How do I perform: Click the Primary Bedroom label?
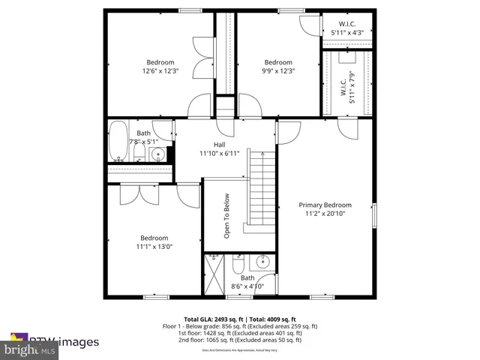[325, 205]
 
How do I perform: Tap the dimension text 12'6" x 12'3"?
[160, 71]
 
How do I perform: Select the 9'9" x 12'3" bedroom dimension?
[277, 71]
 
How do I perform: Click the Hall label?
[219, 145]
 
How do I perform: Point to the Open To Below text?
[226, 216]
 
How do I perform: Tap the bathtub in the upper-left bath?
[118, 142]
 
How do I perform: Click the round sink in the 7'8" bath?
[157, 154]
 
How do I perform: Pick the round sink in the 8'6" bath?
[262, 262]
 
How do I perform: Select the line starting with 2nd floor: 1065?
[240, 340]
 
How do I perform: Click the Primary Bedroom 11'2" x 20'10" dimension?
[325, 213]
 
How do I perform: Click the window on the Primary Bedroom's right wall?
[373, 214]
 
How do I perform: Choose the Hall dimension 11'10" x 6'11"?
[219, 153]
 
